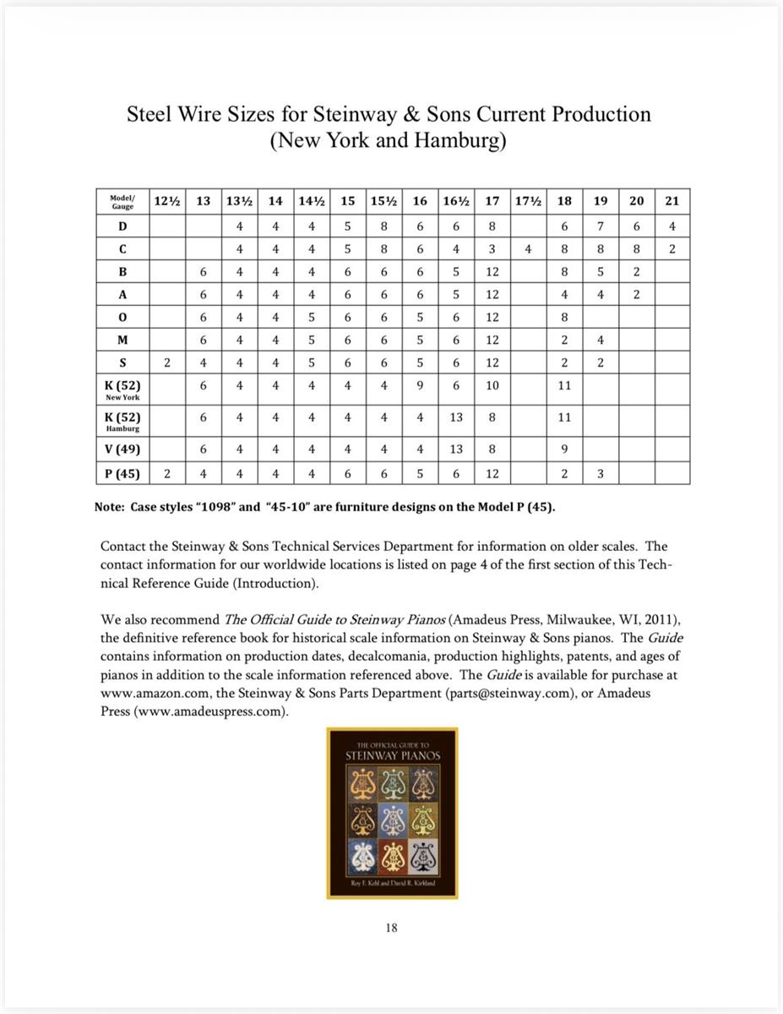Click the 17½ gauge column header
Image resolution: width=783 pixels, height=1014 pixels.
[528, 201]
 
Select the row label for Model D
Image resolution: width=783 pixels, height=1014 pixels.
[123, 226]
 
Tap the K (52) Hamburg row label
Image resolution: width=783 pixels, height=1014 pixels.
[123, 421]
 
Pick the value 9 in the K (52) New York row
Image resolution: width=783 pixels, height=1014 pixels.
[420, 385]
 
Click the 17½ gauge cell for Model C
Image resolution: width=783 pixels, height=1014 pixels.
[528, 249]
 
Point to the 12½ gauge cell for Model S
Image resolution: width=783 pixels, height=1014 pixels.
[167, 363]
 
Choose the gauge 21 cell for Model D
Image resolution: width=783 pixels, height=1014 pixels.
[672, 226]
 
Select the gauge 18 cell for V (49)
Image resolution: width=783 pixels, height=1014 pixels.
[564, 450]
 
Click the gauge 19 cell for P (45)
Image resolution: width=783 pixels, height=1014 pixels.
[601, 474]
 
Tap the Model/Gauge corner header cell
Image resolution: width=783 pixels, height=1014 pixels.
[123, 202]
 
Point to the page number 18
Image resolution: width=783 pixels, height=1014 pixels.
[391, 927]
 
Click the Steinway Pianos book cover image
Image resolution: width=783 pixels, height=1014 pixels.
[392, 813]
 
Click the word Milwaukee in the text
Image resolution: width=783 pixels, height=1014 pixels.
[528, 619]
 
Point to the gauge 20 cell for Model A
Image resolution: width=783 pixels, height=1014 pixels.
[636, 295]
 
